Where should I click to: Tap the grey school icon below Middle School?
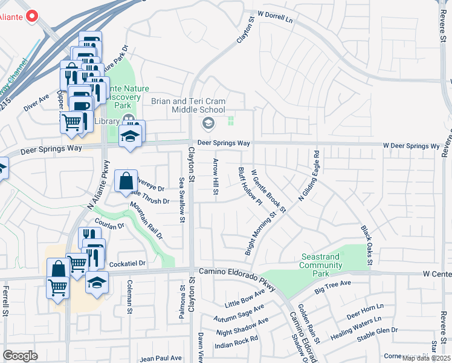[208, 124]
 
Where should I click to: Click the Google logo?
[20, 355]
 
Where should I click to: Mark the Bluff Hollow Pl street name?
[249, 186]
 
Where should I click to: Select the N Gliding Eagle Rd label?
[308, 176]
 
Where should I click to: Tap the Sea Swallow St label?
[181, 200]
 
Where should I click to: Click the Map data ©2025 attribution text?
[427, 358]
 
